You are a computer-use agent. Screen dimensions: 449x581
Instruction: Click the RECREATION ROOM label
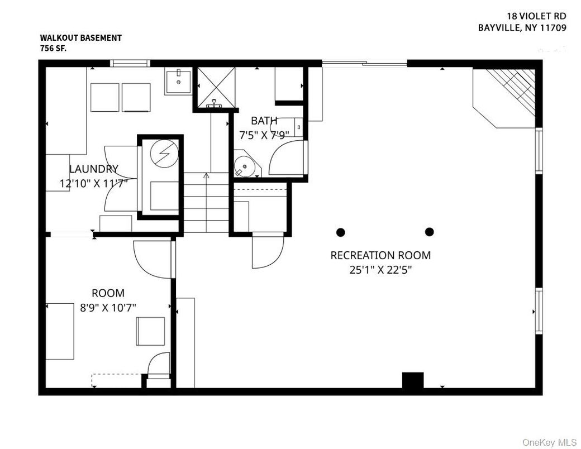[380, 255]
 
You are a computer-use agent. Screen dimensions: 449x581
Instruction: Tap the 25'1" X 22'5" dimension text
[380, 270]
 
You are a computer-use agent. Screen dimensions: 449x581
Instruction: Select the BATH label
[264, 121]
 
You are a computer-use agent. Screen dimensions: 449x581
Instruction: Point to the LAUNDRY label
[93, 169]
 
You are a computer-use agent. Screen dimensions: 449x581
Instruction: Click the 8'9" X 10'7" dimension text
[108, 307]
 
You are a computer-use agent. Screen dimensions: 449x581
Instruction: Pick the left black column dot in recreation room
[341, 232]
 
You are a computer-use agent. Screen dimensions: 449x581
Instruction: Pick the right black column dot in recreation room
[430, 232]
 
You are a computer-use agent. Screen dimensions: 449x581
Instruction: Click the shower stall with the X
[214, 88]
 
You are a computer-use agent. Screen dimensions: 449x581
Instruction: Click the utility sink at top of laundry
[178, 83]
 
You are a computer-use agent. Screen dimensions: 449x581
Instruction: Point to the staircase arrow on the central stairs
[206, 176]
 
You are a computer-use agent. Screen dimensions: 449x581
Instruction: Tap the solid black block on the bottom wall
[413, 380]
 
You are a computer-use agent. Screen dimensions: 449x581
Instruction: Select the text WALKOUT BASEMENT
[80, 38]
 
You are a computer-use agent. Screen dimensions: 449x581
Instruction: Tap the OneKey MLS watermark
[549, 442]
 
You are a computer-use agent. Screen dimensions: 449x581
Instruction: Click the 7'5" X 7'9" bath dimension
[264, 135]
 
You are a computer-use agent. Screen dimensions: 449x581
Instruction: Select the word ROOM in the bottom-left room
[108, 293]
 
